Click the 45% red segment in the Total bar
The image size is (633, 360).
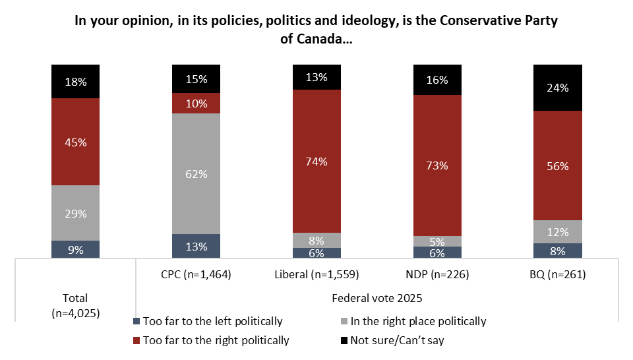75,142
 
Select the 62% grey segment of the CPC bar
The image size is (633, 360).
196,174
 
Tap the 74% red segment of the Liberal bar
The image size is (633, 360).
316,161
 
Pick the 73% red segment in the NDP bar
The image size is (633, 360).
437,165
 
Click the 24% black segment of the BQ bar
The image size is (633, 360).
558,88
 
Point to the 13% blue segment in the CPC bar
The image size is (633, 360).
196,246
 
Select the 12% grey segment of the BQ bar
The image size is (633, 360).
558,231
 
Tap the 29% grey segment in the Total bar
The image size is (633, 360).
75,213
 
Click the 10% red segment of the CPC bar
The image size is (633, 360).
196,104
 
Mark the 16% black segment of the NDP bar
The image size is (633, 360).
437,80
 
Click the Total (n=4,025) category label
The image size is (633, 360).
75,305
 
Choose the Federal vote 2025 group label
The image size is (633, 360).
377,297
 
